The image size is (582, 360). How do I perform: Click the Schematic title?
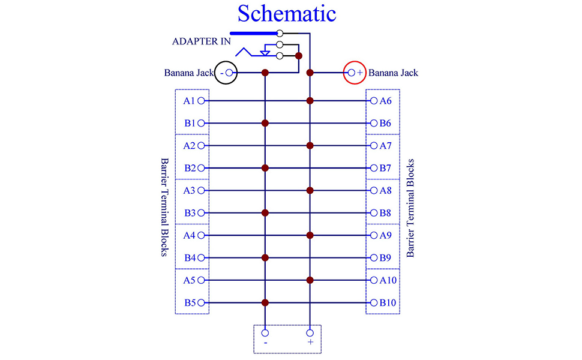[x=286, y=13]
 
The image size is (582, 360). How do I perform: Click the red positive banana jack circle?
[x=354, y=73]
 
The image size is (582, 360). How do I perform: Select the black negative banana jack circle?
[x=227, y=73]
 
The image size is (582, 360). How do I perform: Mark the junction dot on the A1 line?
[x=310, y=101]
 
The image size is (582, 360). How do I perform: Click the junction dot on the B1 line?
[x=265, y=123]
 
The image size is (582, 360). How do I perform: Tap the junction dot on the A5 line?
[x=310, y=280]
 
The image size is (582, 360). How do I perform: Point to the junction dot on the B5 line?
[x=265, y=302]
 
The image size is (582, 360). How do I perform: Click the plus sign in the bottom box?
[x=310, y=343]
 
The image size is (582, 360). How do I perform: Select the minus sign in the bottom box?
[x=265, y=343]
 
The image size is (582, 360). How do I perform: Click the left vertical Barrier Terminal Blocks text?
[x=163, y=208]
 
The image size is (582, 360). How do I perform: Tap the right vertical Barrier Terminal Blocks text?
[x=411, y=208]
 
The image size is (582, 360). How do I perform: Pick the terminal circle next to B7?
[x=374, y=168]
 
